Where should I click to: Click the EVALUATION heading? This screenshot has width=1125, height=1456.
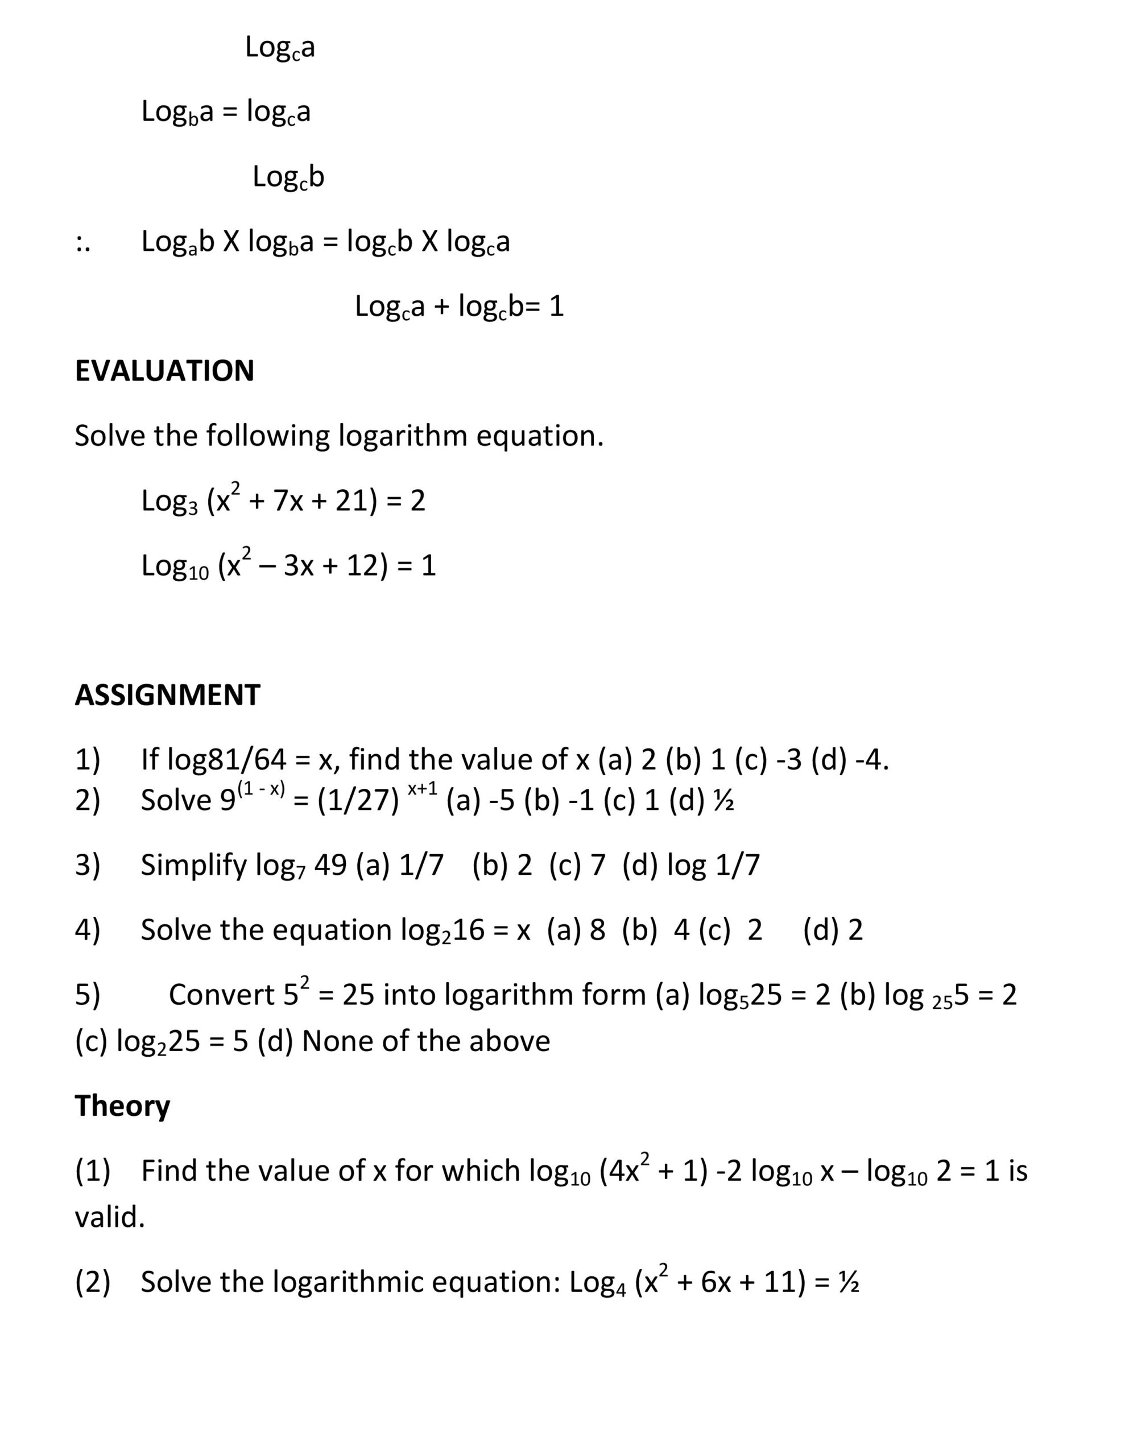(x=164, y=371)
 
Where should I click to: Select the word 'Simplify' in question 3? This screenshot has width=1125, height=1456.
(x=193, y=864)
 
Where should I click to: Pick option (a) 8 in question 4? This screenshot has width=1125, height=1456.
(x=576, y=929)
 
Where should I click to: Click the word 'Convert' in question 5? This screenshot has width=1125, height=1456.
(x=221, y=995)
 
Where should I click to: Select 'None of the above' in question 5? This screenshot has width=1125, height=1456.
(x=425, y=1041)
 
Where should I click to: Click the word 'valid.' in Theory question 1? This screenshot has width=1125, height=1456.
(x=109, y=1217)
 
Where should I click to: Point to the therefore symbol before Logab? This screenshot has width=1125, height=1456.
(x=82, y=243)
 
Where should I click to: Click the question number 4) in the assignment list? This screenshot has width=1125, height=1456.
(x=88, y=929)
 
